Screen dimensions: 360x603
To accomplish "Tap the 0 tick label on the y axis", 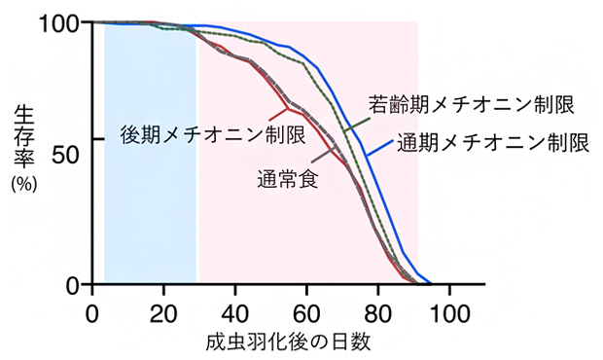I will point(71,284).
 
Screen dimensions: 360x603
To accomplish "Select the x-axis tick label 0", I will point(91,313).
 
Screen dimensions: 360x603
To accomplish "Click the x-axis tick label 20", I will point(162,313).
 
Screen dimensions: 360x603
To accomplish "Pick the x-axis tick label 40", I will point(234,313).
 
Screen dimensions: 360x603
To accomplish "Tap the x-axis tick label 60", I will point(306,313).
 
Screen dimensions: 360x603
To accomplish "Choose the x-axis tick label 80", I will point(378,313).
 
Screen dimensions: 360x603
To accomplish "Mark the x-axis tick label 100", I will point(450,313).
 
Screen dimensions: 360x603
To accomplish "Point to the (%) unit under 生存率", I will point(23,182).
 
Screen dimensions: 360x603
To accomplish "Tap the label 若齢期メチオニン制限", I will point(470,103).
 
